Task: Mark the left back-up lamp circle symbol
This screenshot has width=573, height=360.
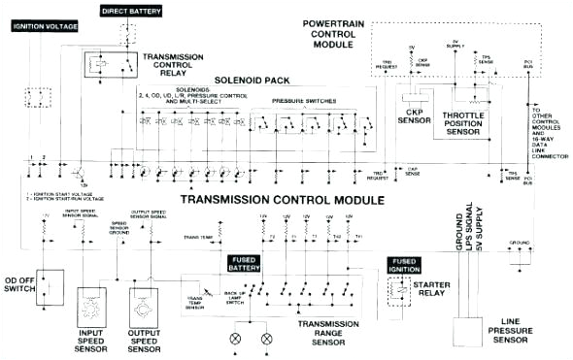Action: coord(234,340)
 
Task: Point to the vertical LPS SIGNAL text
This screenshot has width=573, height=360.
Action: coord(474,232)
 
